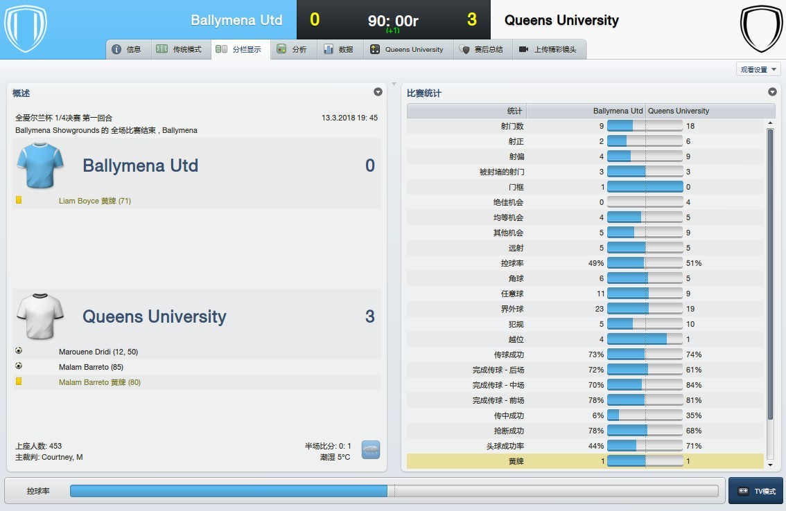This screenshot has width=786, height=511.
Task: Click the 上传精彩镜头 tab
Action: (548, 49)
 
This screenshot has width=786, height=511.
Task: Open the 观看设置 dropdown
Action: (758, 69)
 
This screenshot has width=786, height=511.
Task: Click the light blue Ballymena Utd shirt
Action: (40, 165)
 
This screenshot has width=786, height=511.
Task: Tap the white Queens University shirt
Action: (40, 316)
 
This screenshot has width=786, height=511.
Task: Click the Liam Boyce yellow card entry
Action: (95, 201)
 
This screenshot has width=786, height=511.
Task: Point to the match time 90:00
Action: (393, 21)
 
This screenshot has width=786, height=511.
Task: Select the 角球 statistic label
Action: (516, 278)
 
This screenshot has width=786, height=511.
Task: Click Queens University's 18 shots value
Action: (690, 126)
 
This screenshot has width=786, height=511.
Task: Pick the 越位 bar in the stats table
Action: (645, 339)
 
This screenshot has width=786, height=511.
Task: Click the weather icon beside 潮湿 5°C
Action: (371, 450)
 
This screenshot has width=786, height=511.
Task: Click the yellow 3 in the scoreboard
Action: (472, 20)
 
